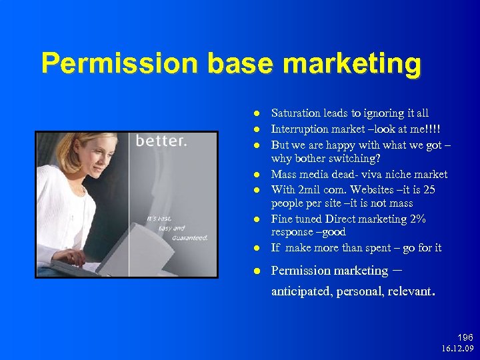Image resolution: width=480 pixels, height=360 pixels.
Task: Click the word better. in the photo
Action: pos(161,141)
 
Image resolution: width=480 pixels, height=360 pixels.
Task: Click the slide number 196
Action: pos(464,338)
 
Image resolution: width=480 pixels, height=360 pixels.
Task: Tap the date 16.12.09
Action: pos(457,349)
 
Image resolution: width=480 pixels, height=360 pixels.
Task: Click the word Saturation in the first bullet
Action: pos(295,113)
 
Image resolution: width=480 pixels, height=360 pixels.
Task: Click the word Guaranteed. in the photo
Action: pos(191,238)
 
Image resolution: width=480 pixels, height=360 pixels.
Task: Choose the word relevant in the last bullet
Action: pos(410,291)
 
